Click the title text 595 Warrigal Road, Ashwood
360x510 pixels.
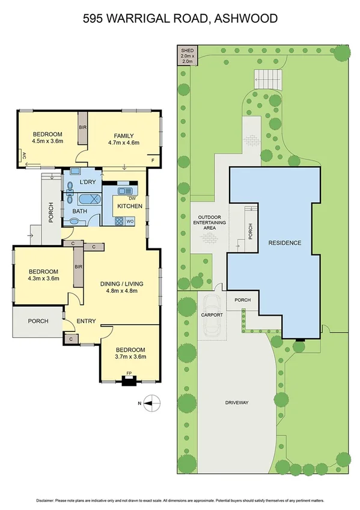[180, 19]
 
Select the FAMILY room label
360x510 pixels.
[124, 135]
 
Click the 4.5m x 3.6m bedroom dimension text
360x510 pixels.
[47, 142]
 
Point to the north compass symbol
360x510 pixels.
[151, 402]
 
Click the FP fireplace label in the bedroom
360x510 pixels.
[128, 373]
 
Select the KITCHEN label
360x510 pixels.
[130, 206]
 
